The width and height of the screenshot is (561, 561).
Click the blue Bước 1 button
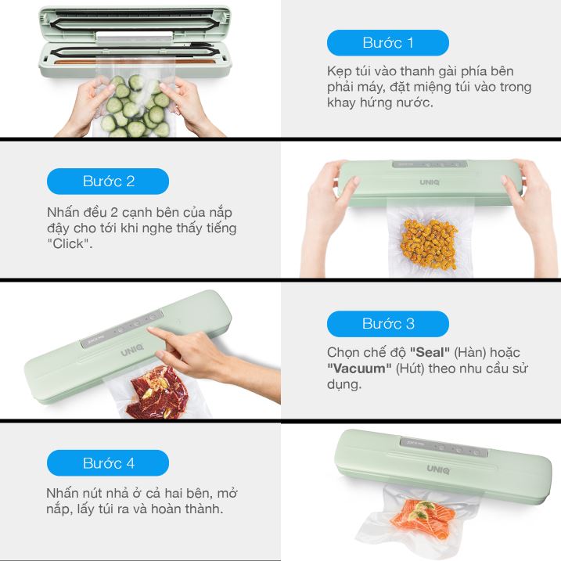tap(388, 42)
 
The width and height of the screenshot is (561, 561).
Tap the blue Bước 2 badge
tap(108, 181)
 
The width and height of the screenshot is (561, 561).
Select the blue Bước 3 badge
tap(388, 324)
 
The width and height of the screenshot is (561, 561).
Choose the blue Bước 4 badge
tap(108, 463)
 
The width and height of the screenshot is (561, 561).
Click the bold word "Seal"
tap(430, 352)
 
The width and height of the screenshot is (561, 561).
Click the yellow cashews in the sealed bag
tap(429, 245)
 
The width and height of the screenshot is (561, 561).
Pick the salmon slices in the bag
tap(423, 516)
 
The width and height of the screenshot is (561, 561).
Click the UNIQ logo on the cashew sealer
tap(430, 182)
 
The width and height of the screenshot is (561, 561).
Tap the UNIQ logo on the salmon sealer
tap(438, 469)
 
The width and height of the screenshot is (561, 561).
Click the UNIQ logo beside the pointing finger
tap(132, 350)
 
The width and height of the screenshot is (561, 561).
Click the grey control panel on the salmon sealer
tap(444, 447)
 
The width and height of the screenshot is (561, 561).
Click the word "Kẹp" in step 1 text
tap(339, 71)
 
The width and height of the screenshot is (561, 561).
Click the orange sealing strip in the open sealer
tap(135, 62)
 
